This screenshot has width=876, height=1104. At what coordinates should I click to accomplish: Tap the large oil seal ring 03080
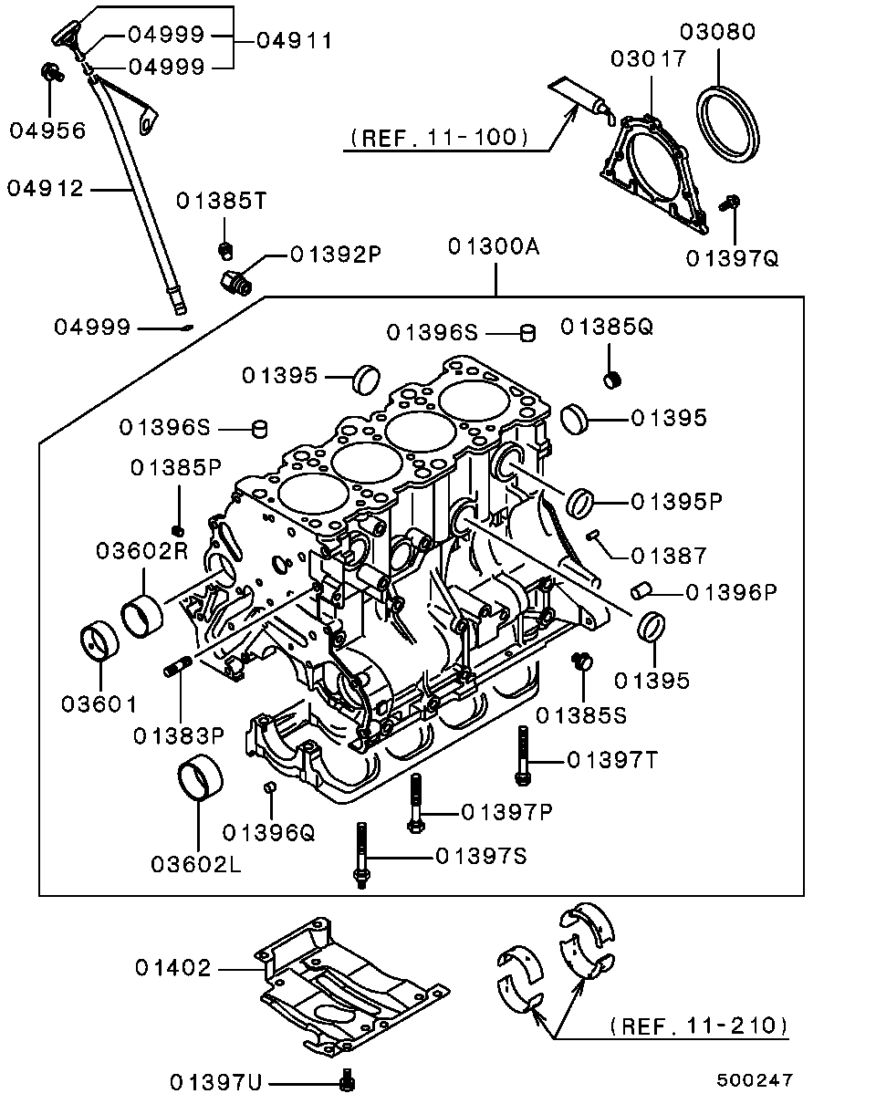click(729, 122)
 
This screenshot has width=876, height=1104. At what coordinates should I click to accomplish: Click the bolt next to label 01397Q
click(731, 203)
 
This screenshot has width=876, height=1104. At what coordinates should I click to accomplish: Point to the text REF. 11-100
click(439, 138)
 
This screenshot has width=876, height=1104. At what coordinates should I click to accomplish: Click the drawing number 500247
click(755, 1080)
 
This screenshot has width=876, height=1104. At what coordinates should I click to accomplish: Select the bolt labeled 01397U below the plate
click(346, 1081)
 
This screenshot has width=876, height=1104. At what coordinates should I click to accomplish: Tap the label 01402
click(173, 968)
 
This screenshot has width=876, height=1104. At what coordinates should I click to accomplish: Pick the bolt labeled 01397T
click(522, 755)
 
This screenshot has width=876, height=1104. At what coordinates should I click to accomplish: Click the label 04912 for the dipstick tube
click(46, 189)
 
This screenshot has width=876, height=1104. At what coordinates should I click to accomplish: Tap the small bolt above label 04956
click(50, 72)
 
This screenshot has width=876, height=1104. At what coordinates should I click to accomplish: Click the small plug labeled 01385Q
click(614, 379)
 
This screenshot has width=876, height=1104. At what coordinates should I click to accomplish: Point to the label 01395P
click(676, 502)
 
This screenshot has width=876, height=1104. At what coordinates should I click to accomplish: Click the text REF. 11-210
click(698, 1026)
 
